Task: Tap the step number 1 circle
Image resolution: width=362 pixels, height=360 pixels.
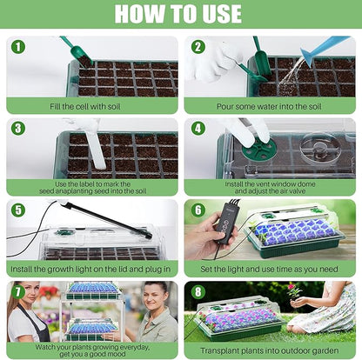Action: [18, 47]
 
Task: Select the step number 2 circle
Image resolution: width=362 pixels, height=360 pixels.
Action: [198, 47]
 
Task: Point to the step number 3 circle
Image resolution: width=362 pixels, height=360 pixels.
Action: [18, 128]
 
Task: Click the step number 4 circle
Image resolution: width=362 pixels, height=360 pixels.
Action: [198, 128]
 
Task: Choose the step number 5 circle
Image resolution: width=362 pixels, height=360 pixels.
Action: [18, 210]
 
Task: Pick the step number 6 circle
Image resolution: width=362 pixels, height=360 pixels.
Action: [198, 210]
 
